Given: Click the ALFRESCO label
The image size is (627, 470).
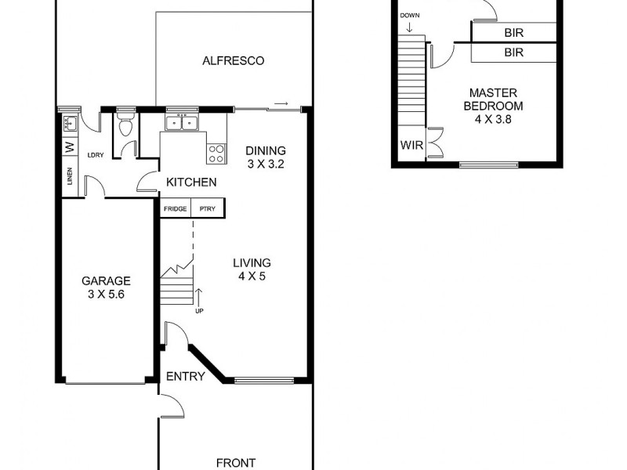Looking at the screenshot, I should [233, 61].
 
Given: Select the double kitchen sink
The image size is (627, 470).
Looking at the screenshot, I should [181, 122].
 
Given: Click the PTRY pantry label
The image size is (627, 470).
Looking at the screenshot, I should [208, 209].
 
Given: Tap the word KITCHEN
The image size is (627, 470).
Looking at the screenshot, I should [191, 183].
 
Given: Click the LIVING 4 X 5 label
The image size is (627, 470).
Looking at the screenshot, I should [252, 269].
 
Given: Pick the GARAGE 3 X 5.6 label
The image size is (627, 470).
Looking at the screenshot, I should [107, 287].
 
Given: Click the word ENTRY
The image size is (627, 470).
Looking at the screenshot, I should [186, 377].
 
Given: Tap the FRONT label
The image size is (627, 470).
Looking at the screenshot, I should [235, 463].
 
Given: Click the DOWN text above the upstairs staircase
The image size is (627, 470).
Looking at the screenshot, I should [409, 16].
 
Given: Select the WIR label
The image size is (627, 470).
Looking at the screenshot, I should [411, 145].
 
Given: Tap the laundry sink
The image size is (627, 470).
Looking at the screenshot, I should [70, 123].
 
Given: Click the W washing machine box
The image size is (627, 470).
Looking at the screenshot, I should [69, 146].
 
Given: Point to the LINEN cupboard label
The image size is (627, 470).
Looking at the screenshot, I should [69, 179].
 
